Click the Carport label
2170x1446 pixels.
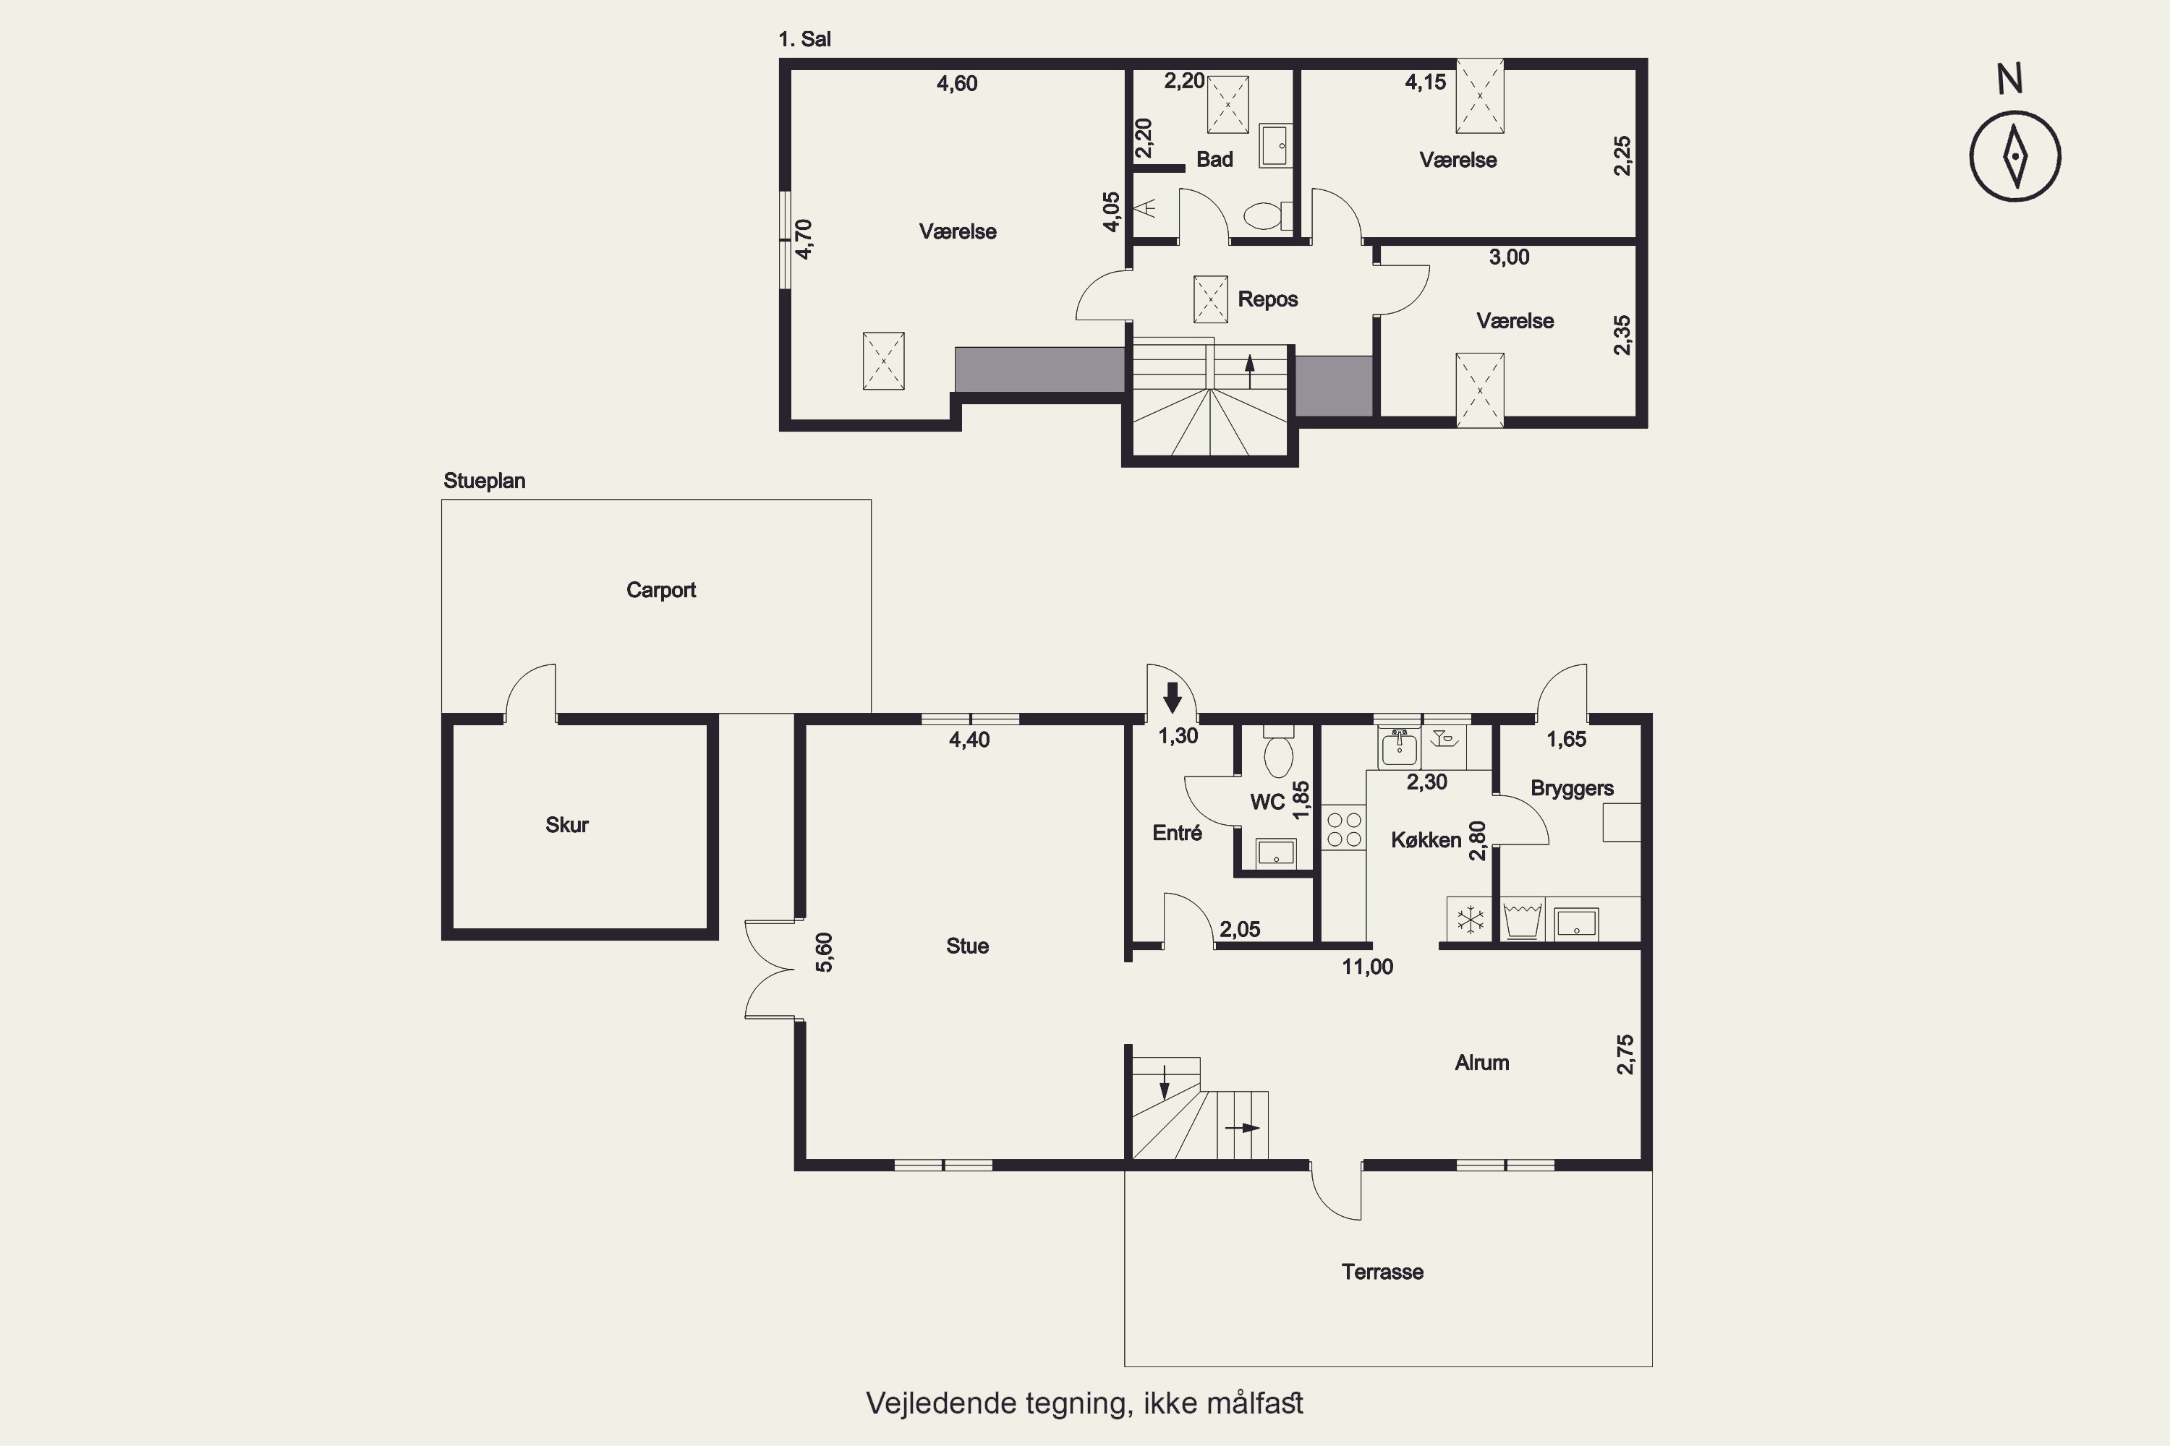[660, 590]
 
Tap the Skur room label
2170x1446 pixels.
[566, 824]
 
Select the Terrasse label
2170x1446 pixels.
[1382, 1272]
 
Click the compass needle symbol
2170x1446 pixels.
[2016, 156]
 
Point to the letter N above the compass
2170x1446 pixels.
[2010, 80]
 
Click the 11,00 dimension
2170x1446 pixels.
[1367, 967]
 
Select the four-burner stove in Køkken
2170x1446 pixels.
[1343, 827]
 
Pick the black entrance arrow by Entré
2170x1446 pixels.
[1173, 697]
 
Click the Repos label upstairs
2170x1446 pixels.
[1268, 299]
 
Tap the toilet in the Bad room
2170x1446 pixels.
[1266, 215]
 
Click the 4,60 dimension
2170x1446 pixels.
[957, 84]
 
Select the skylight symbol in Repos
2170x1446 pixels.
[1210, 299]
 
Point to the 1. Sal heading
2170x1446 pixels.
[804, 39]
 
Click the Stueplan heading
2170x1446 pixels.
[485, 482]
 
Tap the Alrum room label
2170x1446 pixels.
[1481, 1062]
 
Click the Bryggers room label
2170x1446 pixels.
[1572, 789]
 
